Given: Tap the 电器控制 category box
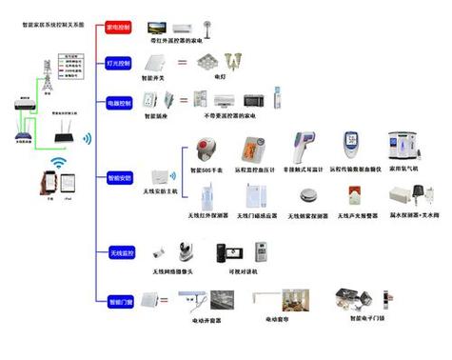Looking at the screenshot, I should pyautogui.click(x=122, y=99).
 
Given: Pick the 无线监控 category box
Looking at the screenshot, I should pyautogui.click(x=122, y=252).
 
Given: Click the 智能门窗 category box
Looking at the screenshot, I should pyautogui.click(x=122, y=299).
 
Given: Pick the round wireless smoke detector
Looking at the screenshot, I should pyautogui.click(x=306, y=196).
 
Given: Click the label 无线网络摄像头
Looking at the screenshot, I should pyautogui.click(x=171, y=270).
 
